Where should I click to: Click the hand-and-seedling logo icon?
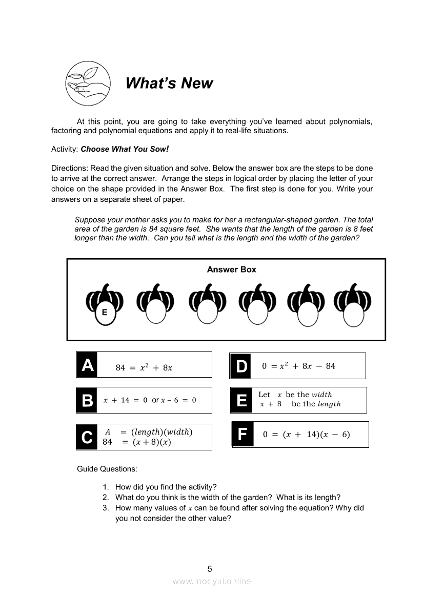click(88, 83)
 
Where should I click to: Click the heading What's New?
click(169, 83)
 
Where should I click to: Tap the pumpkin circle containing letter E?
click(105, 312)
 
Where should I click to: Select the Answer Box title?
click(231, 270)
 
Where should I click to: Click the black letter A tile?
click(87, 365)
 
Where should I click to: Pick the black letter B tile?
click(87, 400)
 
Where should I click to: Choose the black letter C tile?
click(87, 437)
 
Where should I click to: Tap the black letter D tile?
click(240, 366)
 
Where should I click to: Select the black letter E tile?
click(241, 400)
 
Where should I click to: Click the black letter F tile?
click(243, 435)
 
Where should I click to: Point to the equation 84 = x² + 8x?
click(144, 367)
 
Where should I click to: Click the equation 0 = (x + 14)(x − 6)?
click(306, 435)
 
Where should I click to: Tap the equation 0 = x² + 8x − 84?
click(298, 366)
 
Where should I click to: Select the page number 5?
click(209, 568)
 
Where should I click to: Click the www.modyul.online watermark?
click(211, 581)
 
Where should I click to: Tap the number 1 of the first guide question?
click(105, 487)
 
